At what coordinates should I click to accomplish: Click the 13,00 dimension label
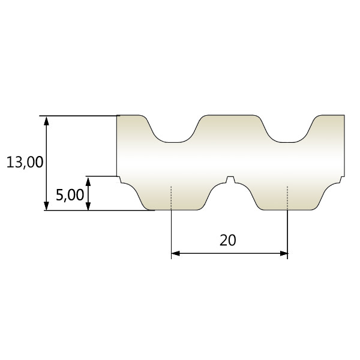(x=25, y=162)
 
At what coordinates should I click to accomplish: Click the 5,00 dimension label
(x=70, y=195)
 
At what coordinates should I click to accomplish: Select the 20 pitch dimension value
(x=228, y=240)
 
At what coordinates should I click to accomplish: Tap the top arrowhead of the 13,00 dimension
(x=46, y=121)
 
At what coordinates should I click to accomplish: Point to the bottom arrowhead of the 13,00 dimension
(x=46, y=206)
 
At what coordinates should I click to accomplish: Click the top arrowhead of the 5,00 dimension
(x=88, y=181)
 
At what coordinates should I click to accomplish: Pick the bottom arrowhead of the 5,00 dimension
(x=88, y=206)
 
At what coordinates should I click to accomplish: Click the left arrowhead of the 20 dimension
(x=176, y=253)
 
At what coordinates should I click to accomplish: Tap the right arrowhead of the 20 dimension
(x=283, y=253)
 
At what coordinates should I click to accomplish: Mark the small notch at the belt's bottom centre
(x=230, y=179)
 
